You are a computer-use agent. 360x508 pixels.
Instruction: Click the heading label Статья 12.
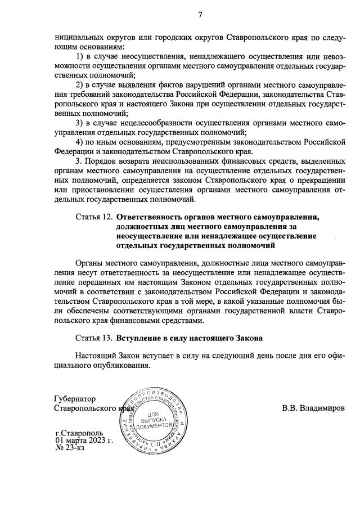coord(93,217)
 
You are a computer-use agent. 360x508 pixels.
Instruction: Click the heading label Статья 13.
coord(93,339)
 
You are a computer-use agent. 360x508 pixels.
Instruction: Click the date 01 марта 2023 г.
coord(84,440)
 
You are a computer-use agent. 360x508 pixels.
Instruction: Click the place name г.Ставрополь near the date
coord(79,432)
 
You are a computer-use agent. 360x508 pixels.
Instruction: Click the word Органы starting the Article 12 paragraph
coord(91,263)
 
